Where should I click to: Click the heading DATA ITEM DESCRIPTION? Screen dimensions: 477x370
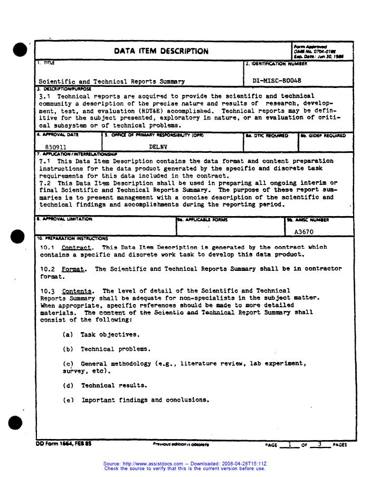pyautogui.click(x=161, y=51)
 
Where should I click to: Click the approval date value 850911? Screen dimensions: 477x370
pyautogui.click(x=56, y=147)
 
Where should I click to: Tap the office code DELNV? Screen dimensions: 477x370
pyautogui.click(x=158, y=147)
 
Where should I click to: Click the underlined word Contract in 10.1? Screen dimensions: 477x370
pyautogui.click(x=77, y=247)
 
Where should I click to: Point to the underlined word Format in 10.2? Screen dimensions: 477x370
pyautogui.click(x=73, y=269)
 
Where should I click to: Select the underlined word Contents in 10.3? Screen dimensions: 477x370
pyautogui.click(x=77, y=291)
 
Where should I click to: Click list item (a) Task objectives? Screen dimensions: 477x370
pyautogui.click(x=101, y=335)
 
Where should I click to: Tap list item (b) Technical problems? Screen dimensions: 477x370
pyautogui.click(x=107, y=349)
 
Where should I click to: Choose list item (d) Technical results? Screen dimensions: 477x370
pyautogui.click(x=105, y=385)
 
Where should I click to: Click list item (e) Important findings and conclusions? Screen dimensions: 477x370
pyautogui.click(x=136, y=400)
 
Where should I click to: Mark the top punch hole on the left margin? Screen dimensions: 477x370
pyautogui.click(x=20, y=50)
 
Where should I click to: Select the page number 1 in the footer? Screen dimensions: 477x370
pyautogui.click(x=289, y=444)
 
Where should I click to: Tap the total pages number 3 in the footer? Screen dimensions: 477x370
pyautogui.click(x=319, y=444)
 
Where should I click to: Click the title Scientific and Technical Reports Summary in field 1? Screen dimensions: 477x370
pyautogui.click(x=111, y=82)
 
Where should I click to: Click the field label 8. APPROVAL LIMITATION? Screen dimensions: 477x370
pyautogui.click(x=64, y=219)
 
